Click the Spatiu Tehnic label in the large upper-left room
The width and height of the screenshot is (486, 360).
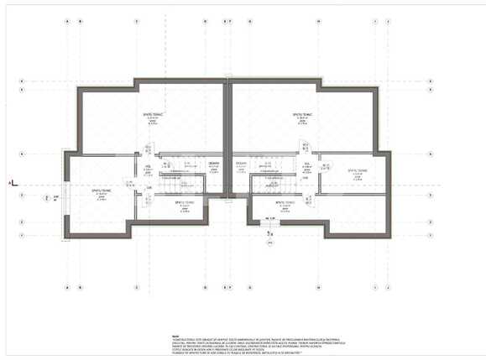pyautogui.click(x=152, y=114)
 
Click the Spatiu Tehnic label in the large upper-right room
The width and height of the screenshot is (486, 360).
pyautogui.click(x=302, y=114)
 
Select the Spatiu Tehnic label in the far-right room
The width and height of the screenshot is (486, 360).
pyautogui.click(x=359, y=170)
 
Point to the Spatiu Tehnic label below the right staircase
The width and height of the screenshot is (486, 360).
pyautogui.click(x=283, y=202)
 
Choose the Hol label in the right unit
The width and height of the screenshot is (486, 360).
pyautogui.click(x=307, y=166)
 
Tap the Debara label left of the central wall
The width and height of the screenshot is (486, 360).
pyautogui.click(x=214, y=163)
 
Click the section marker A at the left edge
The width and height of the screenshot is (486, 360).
pyautogui.click(x=10, y=182)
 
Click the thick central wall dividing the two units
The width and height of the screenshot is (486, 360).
pyautogui.click(x=227, y=134)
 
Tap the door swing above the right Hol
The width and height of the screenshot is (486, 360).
pyautogui.click(x=306, y=152)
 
